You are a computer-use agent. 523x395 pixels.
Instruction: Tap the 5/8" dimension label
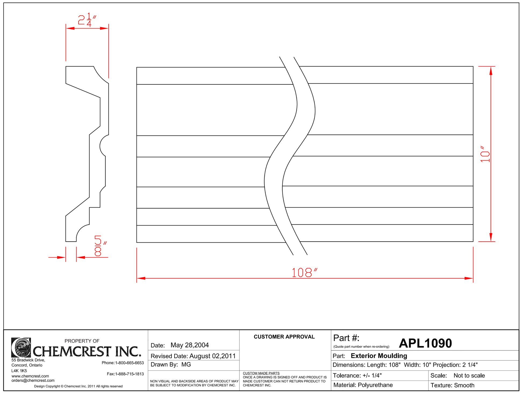[x=100, y=246]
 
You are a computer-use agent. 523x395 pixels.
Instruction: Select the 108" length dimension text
[x=304, y=273]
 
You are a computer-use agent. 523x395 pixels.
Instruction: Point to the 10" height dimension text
[x=485, y=154]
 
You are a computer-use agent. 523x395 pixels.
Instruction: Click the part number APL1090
[x=425, y=343]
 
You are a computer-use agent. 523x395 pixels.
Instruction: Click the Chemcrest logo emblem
[x=21, y=347]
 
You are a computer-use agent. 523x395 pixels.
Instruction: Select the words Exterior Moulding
[x=379, y=356]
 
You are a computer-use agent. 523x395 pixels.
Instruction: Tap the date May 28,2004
[x=189, y=345]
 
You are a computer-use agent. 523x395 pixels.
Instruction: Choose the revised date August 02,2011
[x=212, y=356]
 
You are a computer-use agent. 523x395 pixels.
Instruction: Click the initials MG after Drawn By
[x=186, y=364]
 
